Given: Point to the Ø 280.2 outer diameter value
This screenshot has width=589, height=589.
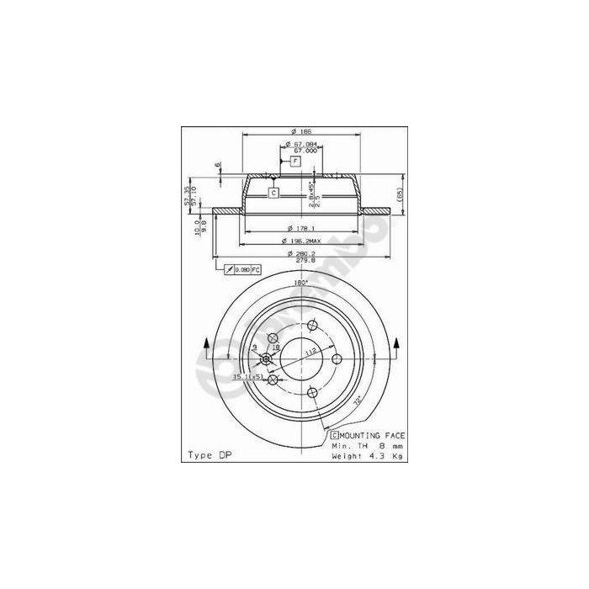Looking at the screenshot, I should point(300,253).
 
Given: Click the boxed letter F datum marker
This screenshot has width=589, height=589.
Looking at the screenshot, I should point(295,161).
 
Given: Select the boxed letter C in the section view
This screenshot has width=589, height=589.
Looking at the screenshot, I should point(273,193).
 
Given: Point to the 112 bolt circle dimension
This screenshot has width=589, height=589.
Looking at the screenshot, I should point(309,353).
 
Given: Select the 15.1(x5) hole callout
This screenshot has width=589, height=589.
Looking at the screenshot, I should point(241,376).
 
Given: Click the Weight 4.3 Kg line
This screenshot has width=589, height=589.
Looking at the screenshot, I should point(367,455).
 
